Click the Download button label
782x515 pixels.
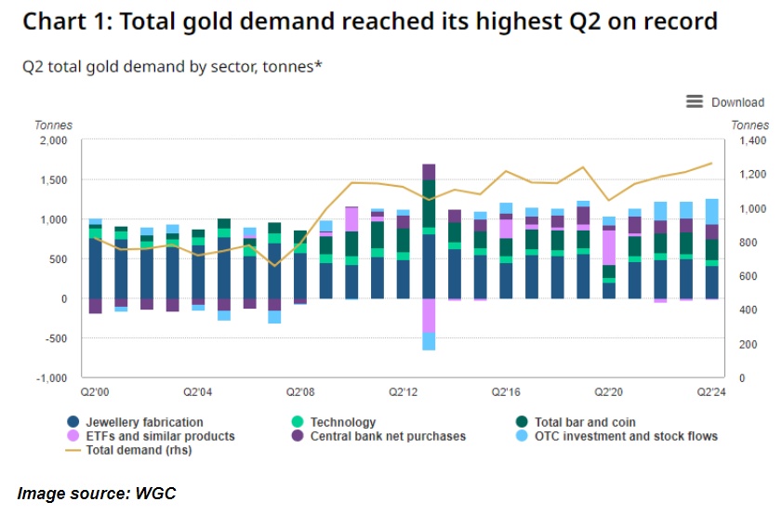[737, 102]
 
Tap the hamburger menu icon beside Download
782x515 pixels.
[695, 101]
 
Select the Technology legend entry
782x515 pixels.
[343, 422]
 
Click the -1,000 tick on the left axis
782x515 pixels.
[51, 378]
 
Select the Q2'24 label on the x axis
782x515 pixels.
[711, 393]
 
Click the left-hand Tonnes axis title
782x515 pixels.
[53, 125]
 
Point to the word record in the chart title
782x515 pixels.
[676, 20]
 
